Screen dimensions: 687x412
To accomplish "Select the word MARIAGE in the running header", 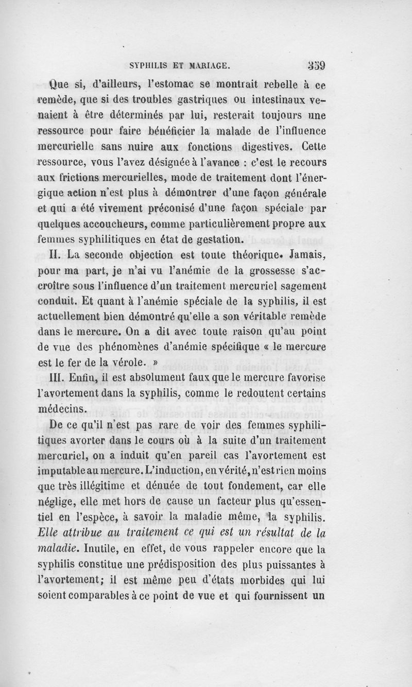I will pyautogui.click(x=212, y=66).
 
